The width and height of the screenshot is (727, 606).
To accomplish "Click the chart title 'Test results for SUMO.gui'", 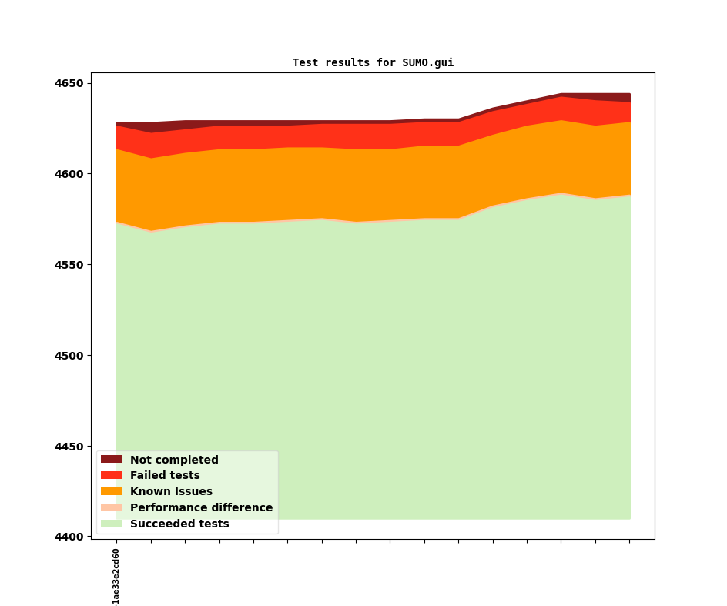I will (373, 63).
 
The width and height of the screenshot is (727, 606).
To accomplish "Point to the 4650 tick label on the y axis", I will (70, 83).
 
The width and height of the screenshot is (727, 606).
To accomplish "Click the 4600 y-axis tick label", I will (70, 174).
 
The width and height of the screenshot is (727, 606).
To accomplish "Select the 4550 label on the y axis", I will (70, 265).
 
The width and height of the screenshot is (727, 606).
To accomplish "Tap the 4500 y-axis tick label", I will (70, 356).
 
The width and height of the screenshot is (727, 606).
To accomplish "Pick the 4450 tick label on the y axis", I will (70, 447).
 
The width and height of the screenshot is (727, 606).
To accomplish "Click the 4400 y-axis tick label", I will (70, 537).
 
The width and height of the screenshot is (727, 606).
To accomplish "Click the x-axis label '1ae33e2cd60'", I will (116, 576).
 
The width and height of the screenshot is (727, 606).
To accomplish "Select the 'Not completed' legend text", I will (174, 460).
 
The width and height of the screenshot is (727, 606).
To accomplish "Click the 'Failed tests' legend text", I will (165, 476).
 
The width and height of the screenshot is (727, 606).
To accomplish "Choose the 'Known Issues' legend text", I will (171, 492).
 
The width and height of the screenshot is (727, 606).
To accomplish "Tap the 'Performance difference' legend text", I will (201, 508).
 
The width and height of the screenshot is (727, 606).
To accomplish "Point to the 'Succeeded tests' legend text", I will (179, 524).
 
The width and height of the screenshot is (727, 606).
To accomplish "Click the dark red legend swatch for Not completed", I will (111, 460).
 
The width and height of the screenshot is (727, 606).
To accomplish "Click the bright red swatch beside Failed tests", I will (111, 476).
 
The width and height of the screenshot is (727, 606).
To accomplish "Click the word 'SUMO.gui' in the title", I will (427, 63).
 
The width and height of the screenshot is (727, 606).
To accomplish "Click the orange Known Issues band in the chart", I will (370, 185).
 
